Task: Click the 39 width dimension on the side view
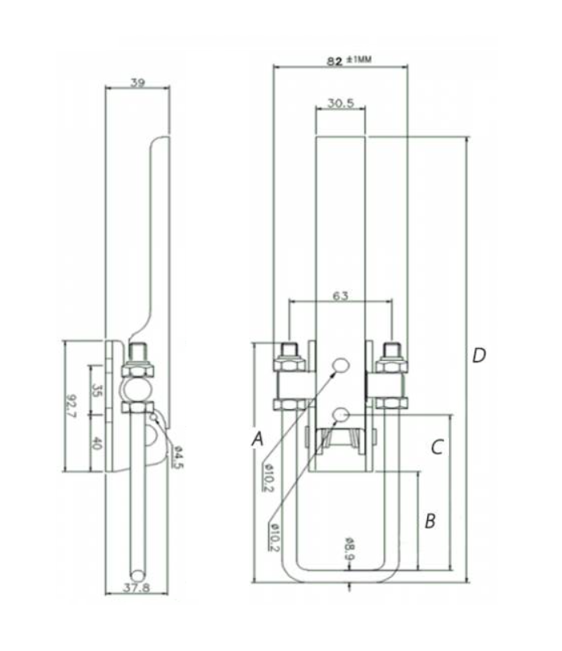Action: coord(137,82)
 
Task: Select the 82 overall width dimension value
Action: coord(335,60)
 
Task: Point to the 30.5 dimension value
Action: coord(341,104)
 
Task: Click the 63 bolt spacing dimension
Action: coord(341,296)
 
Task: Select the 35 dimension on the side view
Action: coord(97,391)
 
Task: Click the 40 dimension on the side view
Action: coord(97,442)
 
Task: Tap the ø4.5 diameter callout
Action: coord(177,457)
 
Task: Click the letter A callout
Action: coord(257,439)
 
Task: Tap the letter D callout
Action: coord(479,355)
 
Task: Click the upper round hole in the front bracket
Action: coord(340,366)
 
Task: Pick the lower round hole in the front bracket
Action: coord(340,414)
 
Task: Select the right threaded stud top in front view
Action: coord(392,350)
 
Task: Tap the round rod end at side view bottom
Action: coord(140,575)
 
